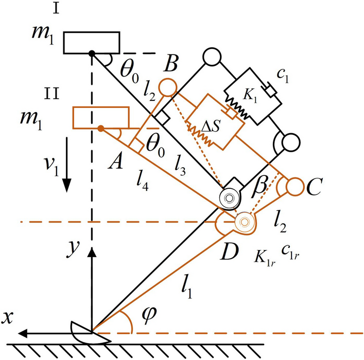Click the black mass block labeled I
point(92,42)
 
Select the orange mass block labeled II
point(100,116)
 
